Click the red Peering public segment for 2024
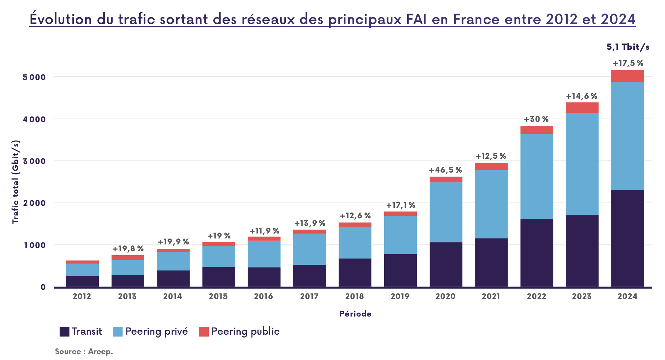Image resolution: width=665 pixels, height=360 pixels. click(627, 76)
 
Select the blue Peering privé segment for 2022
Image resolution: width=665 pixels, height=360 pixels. click(537, 176)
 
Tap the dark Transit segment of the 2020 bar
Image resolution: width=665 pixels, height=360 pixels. click(446, 264)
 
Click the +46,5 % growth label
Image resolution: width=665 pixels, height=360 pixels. click(445, 170)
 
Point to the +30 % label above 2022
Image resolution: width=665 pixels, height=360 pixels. click(536, 119)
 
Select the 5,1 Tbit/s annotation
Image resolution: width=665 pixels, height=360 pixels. click(628, 47)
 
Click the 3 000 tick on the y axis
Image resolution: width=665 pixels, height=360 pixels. click(34, 161)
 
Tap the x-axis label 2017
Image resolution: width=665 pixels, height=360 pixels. click(309, 296)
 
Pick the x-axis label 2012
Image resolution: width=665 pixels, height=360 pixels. click(82, 296)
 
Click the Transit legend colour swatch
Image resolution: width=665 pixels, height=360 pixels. click(65, 331)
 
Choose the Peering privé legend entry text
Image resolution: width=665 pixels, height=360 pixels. click(156, 331)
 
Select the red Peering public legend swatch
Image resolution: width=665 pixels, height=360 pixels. click(204, 331)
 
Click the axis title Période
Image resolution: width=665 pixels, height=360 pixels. click(355, 314)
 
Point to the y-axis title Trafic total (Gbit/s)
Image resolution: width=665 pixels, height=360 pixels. click(16, 182)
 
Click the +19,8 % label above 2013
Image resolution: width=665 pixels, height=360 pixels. click(128, 249)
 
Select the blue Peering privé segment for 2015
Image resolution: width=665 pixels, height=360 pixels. click(219, 256)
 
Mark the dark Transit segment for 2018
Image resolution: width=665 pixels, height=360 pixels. click(355, 272)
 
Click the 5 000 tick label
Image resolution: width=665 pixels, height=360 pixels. click(34, 77)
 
